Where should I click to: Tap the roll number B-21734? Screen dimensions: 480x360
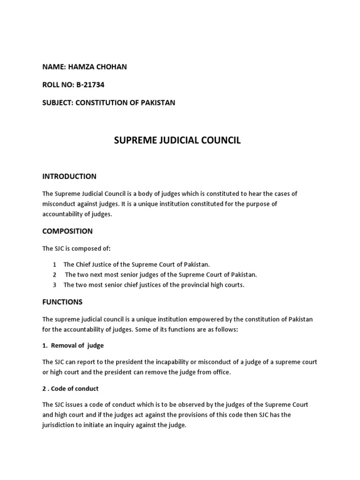click(x=88, y=85)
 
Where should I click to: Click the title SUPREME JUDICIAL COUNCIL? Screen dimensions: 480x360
click(x=178, y=141)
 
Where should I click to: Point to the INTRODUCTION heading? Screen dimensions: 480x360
click(x=69, y=177)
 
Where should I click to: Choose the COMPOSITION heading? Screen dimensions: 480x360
click(x=67, y=231)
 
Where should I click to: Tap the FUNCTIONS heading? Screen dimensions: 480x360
click(x=62, y=302)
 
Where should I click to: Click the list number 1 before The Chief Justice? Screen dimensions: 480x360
click(x=55, y=264)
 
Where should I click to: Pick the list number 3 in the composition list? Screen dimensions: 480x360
click(x=55, y=285)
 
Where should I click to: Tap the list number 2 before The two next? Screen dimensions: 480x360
click(x=55, y=275)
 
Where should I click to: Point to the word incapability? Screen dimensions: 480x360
click(x=173, y=362)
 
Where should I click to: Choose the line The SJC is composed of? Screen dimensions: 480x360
click(x=72, y=248)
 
